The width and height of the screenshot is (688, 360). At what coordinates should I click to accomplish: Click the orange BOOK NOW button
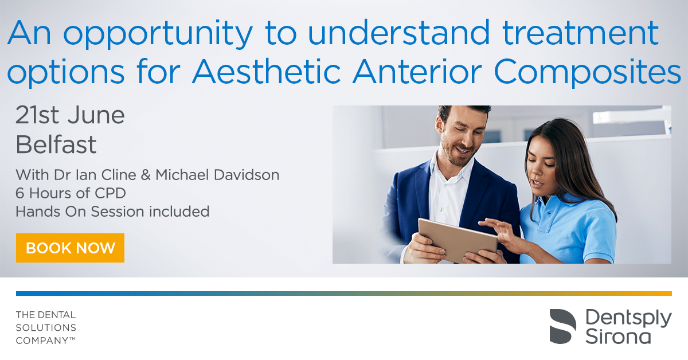(70, 248)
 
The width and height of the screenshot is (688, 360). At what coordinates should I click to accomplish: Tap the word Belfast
(56, 144)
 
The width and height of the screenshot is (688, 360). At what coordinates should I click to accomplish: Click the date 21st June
(70, 115)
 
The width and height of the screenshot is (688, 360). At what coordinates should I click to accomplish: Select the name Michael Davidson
(217, 175)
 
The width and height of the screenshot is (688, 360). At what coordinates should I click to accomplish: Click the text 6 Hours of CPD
(71, 193)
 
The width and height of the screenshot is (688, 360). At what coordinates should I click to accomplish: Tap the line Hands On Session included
(112, 212)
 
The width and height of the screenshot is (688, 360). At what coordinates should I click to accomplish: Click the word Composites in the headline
(587, 73)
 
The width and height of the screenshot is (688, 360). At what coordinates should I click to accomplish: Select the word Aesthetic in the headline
(267, 71)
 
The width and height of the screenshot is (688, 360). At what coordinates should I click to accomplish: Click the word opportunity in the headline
(158, 34)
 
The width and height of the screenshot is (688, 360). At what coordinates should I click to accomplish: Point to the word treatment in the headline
(580, 32)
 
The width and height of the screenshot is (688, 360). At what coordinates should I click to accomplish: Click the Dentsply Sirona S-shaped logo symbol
(562, 326)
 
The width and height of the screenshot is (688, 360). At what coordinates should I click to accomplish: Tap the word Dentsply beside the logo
(628, 319)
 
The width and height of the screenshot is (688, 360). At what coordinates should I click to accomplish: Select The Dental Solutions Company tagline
(46, 327)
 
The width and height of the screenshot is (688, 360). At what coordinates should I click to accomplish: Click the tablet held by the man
(458, 240)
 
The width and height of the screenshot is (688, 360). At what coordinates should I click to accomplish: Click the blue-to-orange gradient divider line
(344, 294)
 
